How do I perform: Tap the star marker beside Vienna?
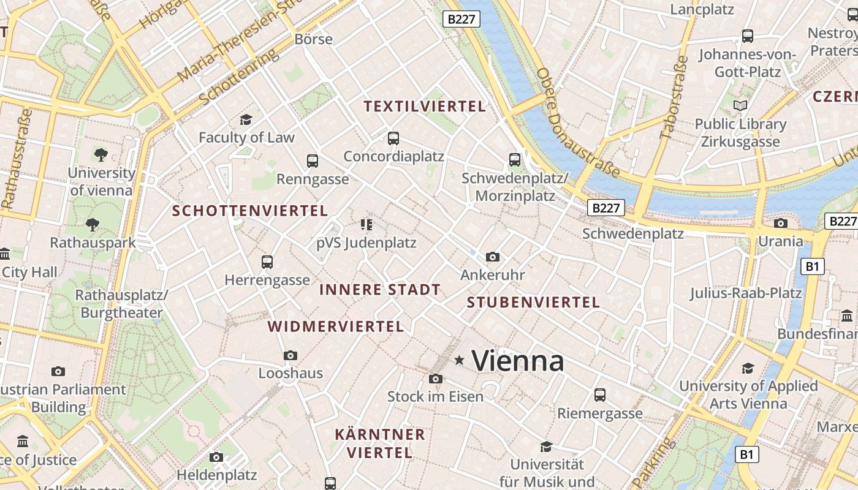pyautogui.click(x=459, y=360)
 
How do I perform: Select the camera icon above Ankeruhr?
pyautogui.click(x=492, y=257)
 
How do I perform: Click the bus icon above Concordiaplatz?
pyautogui.click(x=393, y=138)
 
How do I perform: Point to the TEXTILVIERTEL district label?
pyautogui.click(x=425, y=107)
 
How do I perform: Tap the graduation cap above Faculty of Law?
pyautogui.click(x=246, y=119)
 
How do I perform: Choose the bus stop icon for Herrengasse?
pyautogui.click(x=267, y=262)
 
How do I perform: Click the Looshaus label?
pyautogui.click(x=290, y=373)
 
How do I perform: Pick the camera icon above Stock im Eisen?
pyautogui.click(x=435, y=379)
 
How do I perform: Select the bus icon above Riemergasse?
pyautogui.click(x=600, y=395)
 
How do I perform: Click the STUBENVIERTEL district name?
pyautogui.click(x=533, y=302)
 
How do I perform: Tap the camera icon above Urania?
pyautogui.click(x=780, y=223)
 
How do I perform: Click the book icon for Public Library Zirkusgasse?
pyautogui.click(x=740, y=106)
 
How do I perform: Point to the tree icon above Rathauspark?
pyautogui.click(x=93, y=225)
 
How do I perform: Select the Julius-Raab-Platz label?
pyautogui.click(x=746, y=293)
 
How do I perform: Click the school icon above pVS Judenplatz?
pyautogui.click(x=366, y=225)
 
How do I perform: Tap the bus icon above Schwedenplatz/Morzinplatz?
pyautogui.click(x=515, y=160)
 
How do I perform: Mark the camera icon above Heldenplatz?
pyautogui.click(x=216, y=457)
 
